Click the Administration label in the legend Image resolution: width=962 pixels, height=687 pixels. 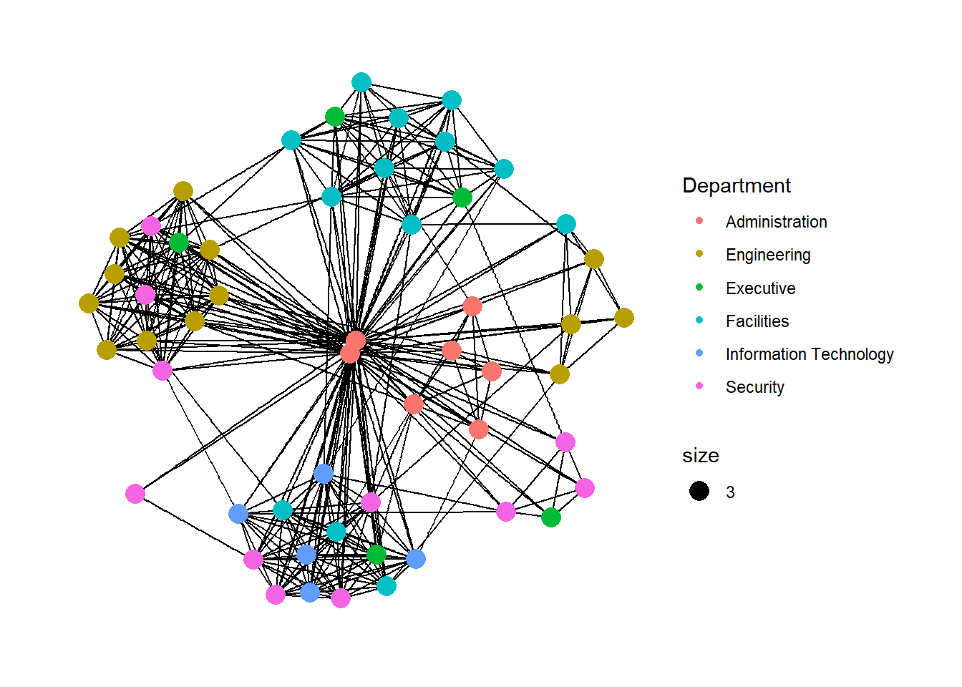pyautogui.click(x=776, y=222)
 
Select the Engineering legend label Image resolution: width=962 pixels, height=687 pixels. pyautogui.click(x=767, y=255)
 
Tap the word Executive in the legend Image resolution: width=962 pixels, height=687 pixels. pyautogui.click(x=760, y=288)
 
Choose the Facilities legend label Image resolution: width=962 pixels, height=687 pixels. pyautogui.click(x=757, y=321)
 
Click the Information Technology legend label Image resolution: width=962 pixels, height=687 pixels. pyautogui.click(x=809, y=354)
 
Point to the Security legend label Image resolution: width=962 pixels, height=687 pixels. pyautogui.click(x=754, y=387)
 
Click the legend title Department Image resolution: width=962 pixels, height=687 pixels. pyautogui.click(x=736, y=185)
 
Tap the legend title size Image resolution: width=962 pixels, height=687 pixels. pyautogui.click(x=700, y=455)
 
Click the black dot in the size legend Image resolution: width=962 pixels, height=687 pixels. pyautogui.click(x=699, y=491)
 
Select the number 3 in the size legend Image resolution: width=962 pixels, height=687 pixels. pyautogui.click(x=730, y=492)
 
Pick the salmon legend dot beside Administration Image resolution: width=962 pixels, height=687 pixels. pyautogui.click(x=699, y=220)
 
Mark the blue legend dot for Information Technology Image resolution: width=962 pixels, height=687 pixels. pyautogui.click(x=699, y=353)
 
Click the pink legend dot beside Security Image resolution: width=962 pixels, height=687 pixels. pyautogui.click(x=699, y=386)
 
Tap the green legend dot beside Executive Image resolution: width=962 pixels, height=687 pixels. pyautogui.click(x=699, y=287)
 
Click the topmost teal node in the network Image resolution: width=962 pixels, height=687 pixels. pyautogui.click(x=361, y=82)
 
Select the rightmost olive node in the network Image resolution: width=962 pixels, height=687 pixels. pyautogui.click(x=624, y=318)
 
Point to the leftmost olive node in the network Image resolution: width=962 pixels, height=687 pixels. pyautogui.click(x=89, y=303)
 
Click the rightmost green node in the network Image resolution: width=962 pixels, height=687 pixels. pyautogui.click(x=551, y=517)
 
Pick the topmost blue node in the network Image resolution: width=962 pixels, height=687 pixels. pyautogui.click(x=324, y=473)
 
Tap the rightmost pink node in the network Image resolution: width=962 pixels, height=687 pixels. pyautogui.click(x=585, y=488)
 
